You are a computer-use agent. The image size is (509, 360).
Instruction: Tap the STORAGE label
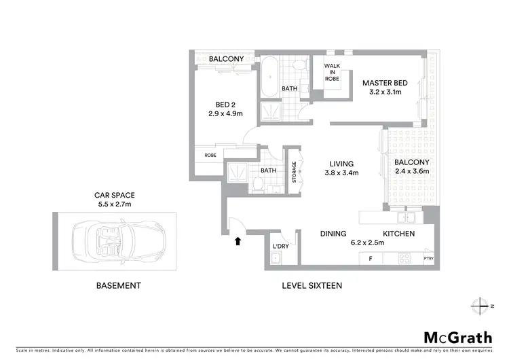294,173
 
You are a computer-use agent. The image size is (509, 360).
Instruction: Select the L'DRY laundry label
280,246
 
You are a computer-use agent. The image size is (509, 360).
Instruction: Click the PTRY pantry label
428,259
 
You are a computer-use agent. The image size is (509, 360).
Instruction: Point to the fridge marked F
371,259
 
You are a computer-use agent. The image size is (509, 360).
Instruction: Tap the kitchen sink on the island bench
406,218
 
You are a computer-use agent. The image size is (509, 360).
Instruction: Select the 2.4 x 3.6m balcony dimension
412,173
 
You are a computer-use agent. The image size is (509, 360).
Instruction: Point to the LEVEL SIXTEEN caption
312,286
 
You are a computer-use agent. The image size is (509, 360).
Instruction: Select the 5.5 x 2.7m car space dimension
114,203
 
